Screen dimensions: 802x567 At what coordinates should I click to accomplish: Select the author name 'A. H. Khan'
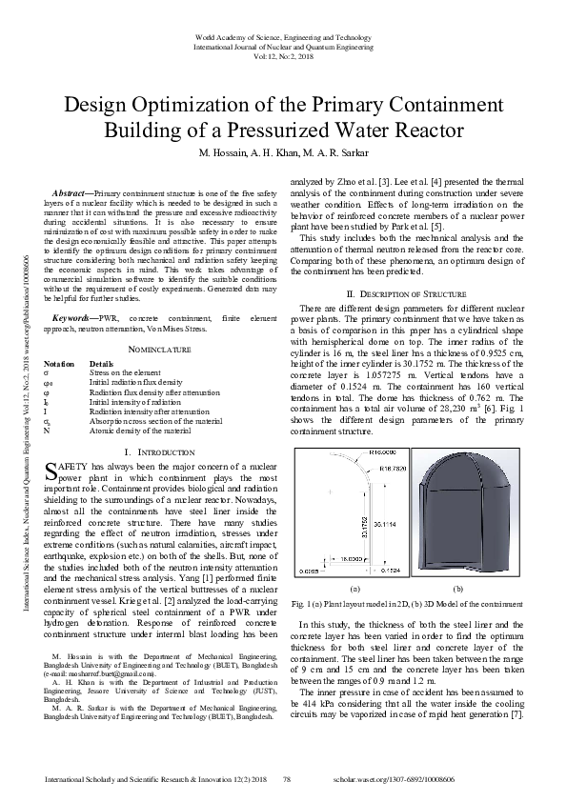pyautogui.click(x=282, y=153)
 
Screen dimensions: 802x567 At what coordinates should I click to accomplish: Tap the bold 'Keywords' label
pyautogui.click(x=77, y=315)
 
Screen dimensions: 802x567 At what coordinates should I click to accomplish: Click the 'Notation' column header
pyautogui.click(x=59, y=364)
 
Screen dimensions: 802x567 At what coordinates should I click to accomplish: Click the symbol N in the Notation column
pyautogui.click(x=47, y=431)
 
